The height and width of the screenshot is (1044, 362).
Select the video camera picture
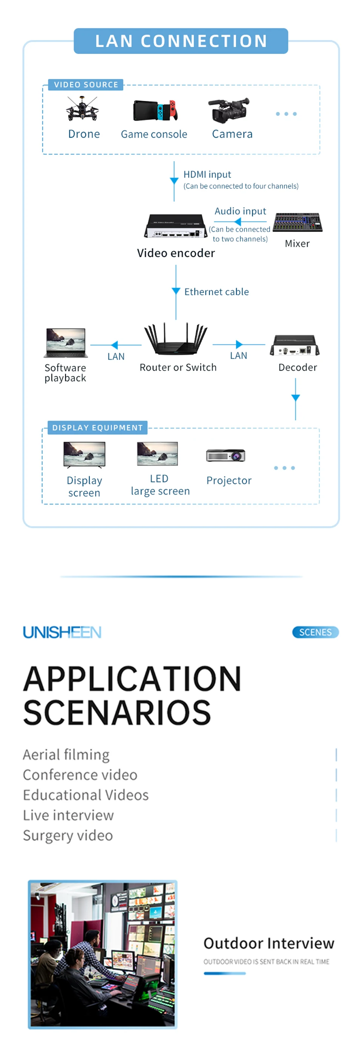[x=229, y=109]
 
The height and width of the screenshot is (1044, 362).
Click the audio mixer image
[x=298, y=222]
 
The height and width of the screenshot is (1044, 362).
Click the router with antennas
[x=176, y=340]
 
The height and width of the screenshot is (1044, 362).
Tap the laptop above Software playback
[x=66, y=343]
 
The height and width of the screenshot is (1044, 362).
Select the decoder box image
[x=295, y=346]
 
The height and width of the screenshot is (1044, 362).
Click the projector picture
[x=225, y=456]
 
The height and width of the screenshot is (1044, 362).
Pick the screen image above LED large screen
[x=158, y=454]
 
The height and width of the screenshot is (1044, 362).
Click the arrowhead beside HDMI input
[x=174, y=181]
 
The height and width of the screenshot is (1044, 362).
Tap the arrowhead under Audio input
[x=238, y=222]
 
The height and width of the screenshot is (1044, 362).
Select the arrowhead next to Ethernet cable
[x=176, y=291]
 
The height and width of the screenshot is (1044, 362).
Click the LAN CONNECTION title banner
[x=181, y=41]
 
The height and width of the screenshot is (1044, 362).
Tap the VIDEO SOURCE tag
[x=86, y=85]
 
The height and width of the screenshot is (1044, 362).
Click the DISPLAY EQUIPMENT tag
[x=97, y=428]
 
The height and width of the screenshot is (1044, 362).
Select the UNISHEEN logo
[x=62, y=632]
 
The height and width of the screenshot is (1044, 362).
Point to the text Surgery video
[x=68, y=835]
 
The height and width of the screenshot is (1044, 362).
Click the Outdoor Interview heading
[x=268, y=944]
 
